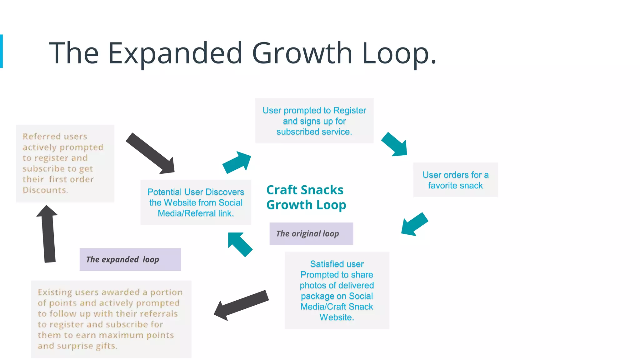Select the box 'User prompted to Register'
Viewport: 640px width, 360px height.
[314, 121]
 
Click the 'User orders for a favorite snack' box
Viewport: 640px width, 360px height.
[455, 180]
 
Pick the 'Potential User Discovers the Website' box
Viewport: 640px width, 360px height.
[196, 202]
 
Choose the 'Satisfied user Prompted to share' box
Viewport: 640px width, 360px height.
[337, 290]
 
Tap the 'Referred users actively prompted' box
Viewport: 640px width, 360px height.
[65, 163]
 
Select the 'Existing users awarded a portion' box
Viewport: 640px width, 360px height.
[111, 319]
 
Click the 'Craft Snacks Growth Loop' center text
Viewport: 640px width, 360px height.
[306, 197]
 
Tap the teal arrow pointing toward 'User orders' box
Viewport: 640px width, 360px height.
[395, 144]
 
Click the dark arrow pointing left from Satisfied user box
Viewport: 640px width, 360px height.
[241, 305]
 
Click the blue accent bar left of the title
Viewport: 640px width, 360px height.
[1, 51]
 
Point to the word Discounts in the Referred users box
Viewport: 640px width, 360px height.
[45, 190]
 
